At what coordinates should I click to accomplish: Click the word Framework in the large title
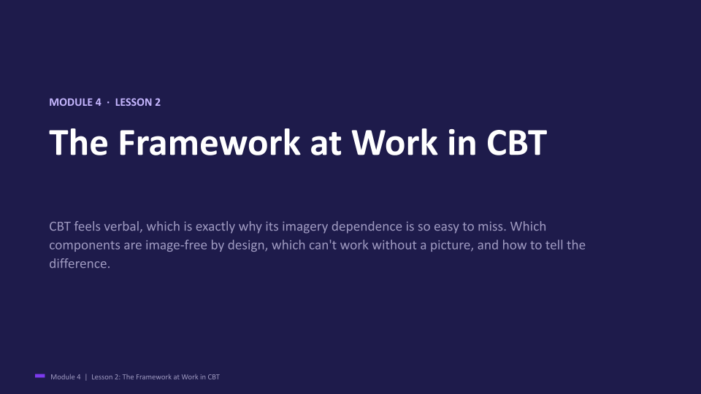click(210, 142)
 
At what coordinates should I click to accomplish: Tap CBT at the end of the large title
click(516, 142)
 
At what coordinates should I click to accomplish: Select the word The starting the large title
click(79, 142)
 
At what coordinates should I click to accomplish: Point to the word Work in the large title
click(394, 142)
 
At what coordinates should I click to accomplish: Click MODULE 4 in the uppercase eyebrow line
click(75, 102)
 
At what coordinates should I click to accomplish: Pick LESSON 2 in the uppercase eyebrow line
click(138, 102)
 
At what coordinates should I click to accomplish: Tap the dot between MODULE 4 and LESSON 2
click(108, 102)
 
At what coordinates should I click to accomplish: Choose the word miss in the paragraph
click(491, 226)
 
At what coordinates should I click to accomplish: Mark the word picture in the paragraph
click(451, 245)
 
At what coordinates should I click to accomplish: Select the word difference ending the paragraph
click(80, 263)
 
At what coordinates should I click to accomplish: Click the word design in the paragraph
click(248, 245)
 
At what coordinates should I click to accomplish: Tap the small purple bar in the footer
click(39, 376)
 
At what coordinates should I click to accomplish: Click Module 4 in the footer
click(66, 377)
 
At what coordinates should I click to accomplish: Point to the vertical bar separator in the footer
click(86, 377)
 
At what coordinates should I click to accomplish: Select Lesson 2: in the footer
click(106, 377)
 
